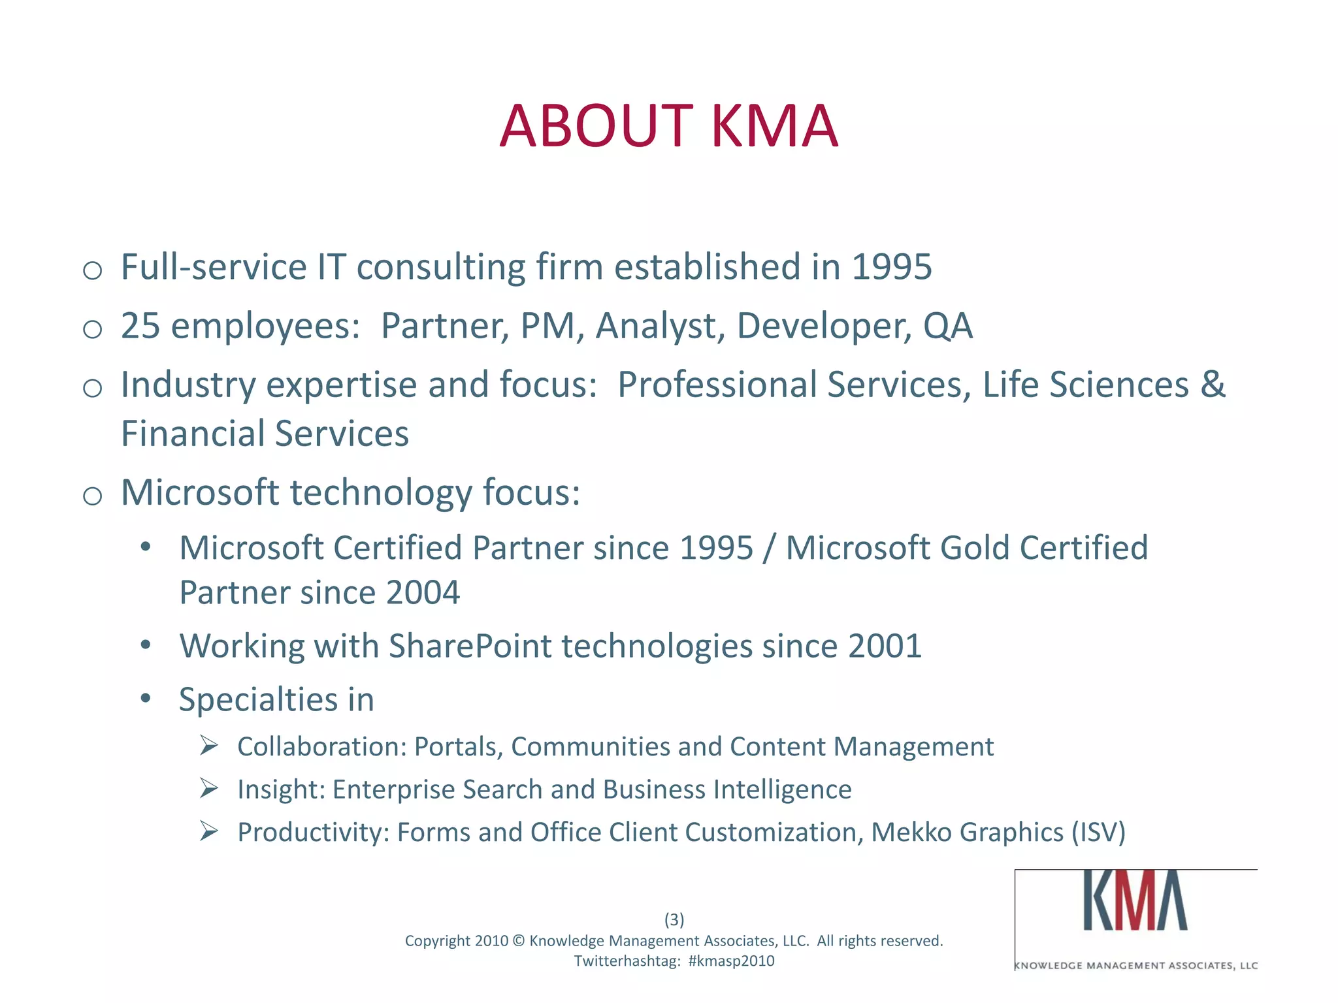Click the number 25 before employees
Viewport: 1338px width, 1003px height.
[140, 326]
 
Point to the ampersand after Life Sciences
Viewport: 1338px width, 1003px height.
[1213, 385]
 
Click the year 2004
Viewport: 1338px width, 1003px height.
[423, 593]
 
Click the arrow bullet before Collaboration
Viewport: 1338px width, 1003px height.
[209, 745]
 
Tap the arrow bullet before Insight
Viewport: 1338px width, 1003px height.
[209, 788]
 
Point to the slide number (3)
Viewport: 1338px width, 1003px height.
[674, 919]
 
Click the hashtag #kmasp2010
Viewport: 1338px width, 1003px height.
[731, 961]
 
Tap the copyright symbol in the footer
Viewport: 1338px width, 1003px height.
[519, 941]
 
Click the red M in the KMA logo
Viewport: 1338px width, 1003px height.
[1136, 902]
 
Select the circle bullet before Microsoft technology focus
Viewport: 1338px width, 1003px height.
[93, 496]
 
